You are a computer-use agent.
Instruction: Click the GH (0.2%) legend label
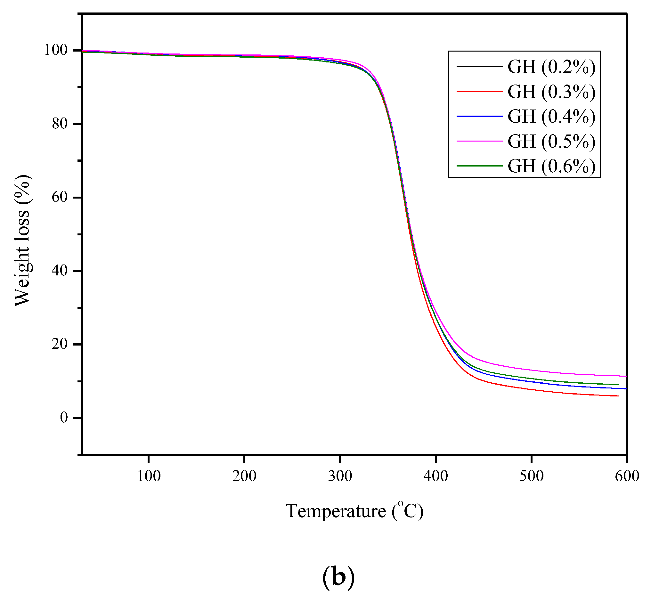click(551, 67)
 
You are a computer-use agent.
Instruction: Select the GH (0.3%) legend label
click(551, 92)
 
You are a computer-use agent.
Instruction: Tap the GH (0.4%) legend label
click(551, 117)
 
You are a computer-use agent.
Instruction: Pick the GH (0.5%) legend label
click(551, 141)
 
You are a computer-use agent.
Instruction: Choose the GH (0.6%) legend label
click(551, 166)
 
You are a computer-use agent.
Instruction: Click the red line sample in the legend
click(479, 92)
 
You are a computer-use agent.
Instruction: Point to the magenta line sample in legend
click(479, 141)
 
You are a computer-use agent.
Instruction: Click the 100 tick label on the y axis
click(55, 50)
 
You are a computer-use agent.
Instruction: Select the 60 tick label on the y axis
click(59, 197)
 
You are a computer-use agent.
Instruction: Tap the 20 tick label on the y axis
click(59, 344)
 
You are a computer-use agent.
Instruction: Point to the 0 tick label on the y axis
click(64, 418)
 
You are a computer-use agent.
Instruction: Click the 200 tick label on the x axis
click(244, 477)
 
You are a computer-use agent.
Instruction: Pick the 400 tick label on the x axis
click(435, 477)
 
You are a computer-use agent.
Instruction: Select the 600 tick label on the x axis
click(627, 477)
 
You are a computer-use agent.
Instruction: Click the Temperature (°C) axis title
click(354, 511)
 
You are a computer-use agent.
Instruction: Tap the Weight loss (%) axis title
click(23, 241)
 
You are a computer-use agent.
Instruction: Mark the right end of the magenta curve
click(627, 376)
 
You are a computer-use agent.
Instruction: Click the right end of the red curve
click(618, 396)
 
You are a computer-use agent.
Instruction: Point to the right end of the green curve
click(618, 385)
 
